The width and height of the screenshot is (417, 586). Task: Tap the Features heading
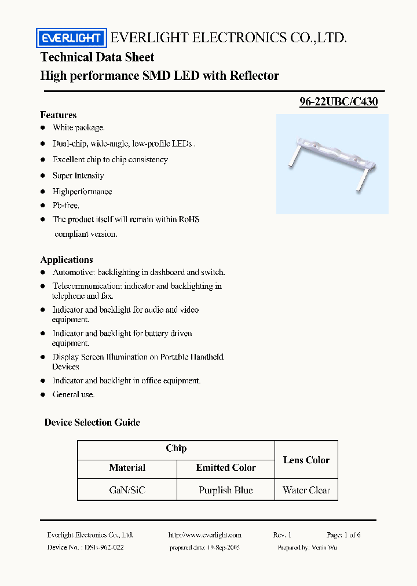point(58,115)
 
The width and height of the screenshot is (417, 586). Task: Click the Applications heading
point(67,259)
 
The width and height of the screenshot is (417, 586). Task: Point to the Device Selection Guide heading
point(92,422)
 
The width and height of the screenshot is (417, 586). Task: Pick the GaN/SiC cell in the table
point(127,490)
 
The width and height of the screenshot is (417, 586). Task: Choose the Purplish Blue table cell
point(226,490)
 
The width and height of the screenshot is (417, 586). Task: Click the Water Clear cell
point(306,490)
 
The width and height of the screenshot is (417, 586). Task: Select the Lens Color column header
point(306,460)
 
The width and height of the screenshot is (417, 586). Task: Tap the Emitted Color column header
point(226,468)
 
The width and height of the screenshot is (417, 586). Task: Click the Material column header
point(127,468)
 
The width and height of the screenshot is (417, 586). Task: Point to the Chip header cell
point(176,448)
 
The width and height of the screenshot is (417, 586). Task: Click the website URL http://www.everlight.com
point(204,535)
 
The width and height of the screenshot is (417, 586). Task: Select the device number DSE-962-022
point(102,547)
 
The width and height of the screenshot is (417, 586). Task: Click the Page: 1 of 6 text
point(343,535)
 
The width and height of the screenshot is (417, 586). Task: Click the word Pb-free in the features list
point(66,205)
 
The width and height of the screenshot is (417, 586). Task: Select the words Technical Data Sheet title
point(97,57)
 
